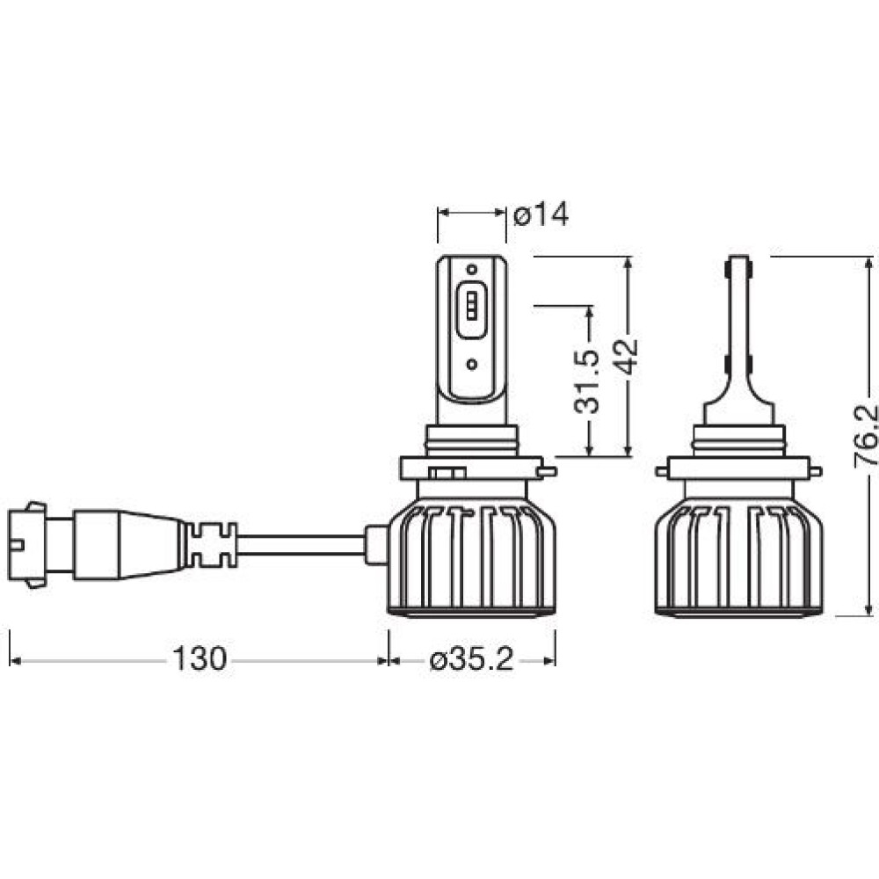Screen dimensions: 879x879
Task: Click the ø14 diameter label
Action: click(x=541, y=214)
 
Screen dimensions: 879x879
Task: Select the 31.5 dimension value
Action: click(x=587, y=381)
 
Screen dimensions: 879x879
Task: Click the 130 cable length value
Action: click(x=200, y=658)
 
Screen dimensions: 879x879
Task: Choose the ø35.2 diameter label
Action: click(x=471, y=660)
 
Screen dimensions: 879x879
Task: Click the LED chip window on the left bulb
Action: click(x=471, y=310)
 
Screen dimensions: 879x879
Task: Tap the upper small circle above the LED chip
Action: click(x=472, y=268)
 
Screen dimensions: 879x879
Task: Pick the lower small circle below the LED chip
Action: click(x=472, y=365)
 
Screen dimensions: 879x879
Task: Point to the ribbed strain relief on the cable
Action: click(x=211, y=544)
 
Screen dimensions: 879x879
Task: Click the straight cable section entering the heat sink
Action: click(x=301, y=544)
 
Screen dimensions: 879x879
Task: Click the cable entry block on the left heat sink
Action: click(x=377, y=544)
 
